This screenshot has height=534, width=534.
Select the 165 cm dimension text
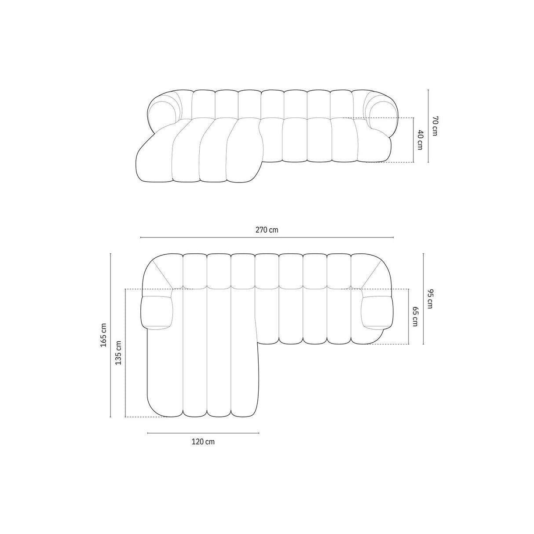[104, 335]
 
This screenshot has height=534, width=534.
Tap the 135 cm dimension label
[118, 353]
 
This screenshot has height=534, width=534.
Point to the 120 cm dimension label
[203, 442]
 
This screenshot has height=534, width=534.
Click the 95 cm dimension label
[429, 299]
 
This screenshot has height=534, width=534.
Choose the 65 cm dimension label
[415, 316]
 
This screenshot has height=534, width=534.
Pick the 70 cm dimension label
[435, 126]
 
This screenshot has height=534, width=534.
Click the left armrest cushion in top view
[157, 312]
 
